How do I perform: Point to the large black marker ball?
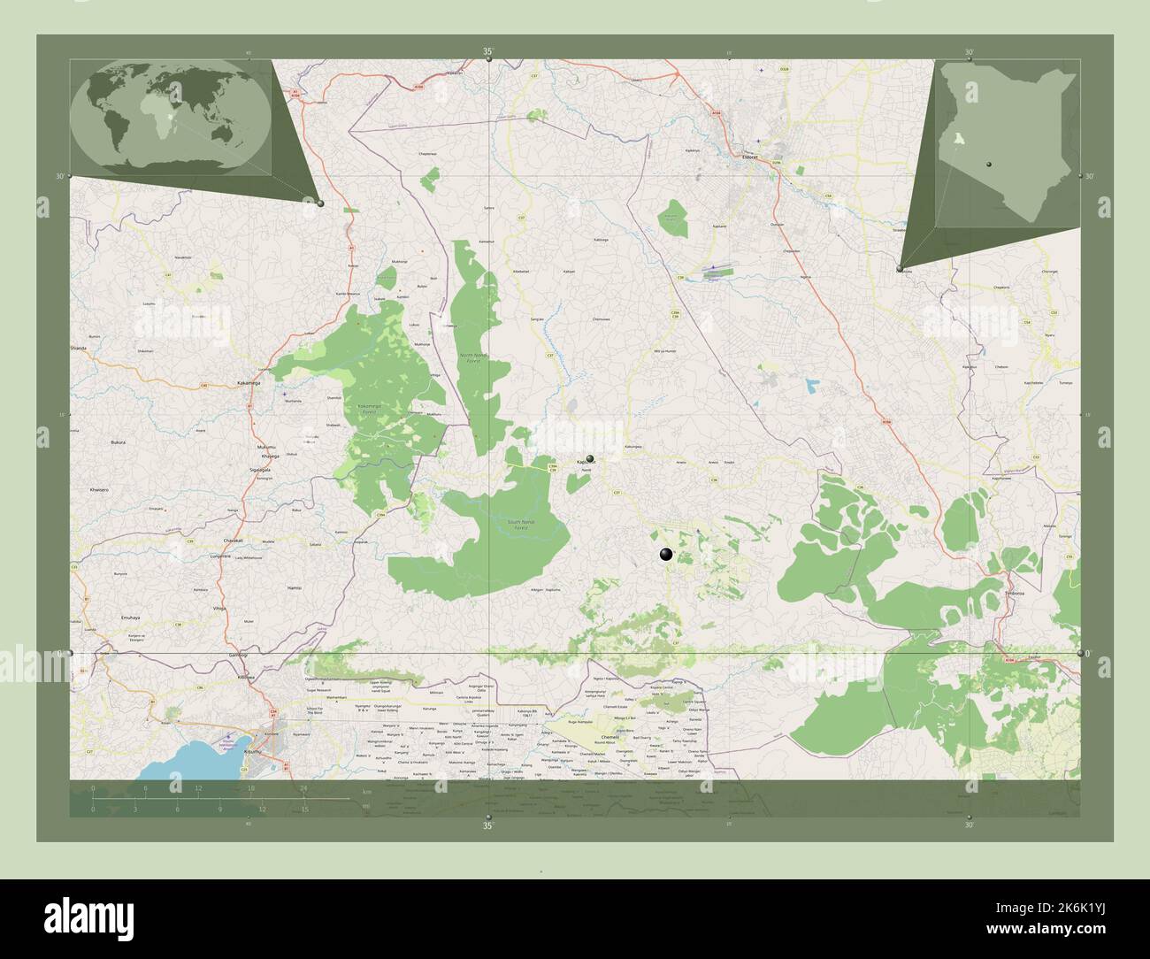click(666, 555)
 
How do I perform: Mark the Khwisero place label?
click(98, 489)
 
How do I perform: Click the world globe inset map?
click(170, 116)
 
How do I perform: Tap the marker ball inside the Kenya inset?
click(990, 164)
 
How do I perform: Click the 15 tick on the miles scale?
click(303, 809)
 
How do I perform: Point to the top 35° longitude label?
click(487, 52)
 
